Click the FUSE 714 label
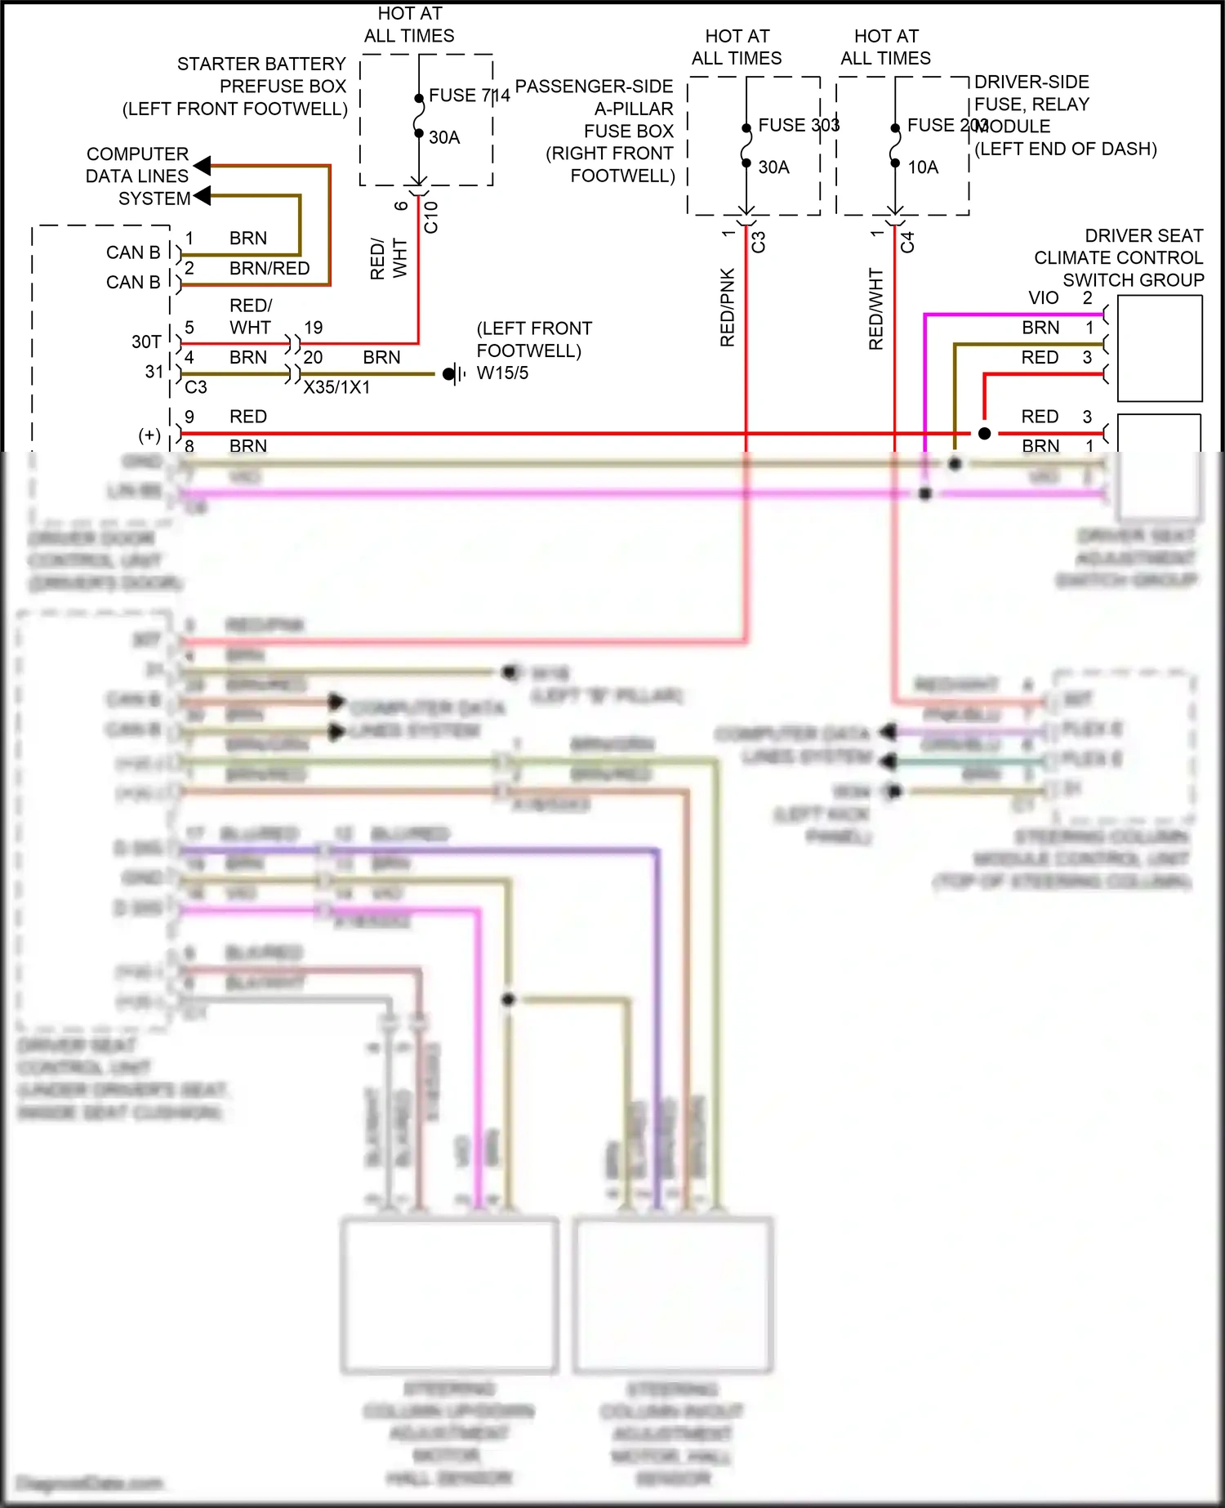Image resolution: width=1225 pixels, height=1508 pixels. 469,96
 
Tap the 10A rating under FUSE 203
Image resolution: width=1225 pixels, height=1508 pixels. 923,167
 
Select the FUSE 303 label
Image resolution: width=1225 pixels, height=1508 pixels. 798,125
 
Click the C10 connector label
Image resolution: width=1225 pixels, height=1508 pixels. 431,217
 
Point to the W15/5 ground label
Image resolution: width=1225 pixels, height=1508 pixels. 502,373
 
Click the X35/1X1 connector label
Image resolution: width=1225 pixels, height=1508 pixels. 336,387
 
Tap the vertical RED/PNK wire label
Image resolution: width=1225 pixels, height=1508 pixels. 727,307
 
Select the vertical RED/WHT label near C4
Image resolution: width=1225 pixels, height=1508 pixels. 875,309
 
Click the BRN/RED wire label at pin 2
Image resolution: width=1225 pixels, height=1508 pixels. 269,269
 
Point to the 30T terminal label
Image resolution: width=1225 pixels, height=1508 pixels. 146,341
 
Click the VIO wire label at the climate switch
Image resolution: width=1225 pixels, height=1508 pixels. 1043,298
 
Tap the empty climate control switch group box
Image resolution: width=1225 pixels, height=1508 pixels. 1159,348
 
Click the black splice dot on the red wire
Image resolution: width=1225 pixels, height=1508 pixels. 984,434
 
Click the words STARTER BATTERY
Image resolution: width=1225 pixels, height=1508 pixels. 261,64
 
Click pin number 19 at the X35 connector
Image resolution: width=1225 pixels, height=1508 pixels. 314,328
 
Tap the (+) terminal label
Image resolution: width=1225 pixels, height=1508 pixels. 149,435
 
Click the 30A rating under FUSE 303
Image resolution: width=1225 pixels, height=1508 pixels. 773,167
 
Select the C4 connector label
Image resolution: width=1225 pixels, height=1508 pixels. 907,242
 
